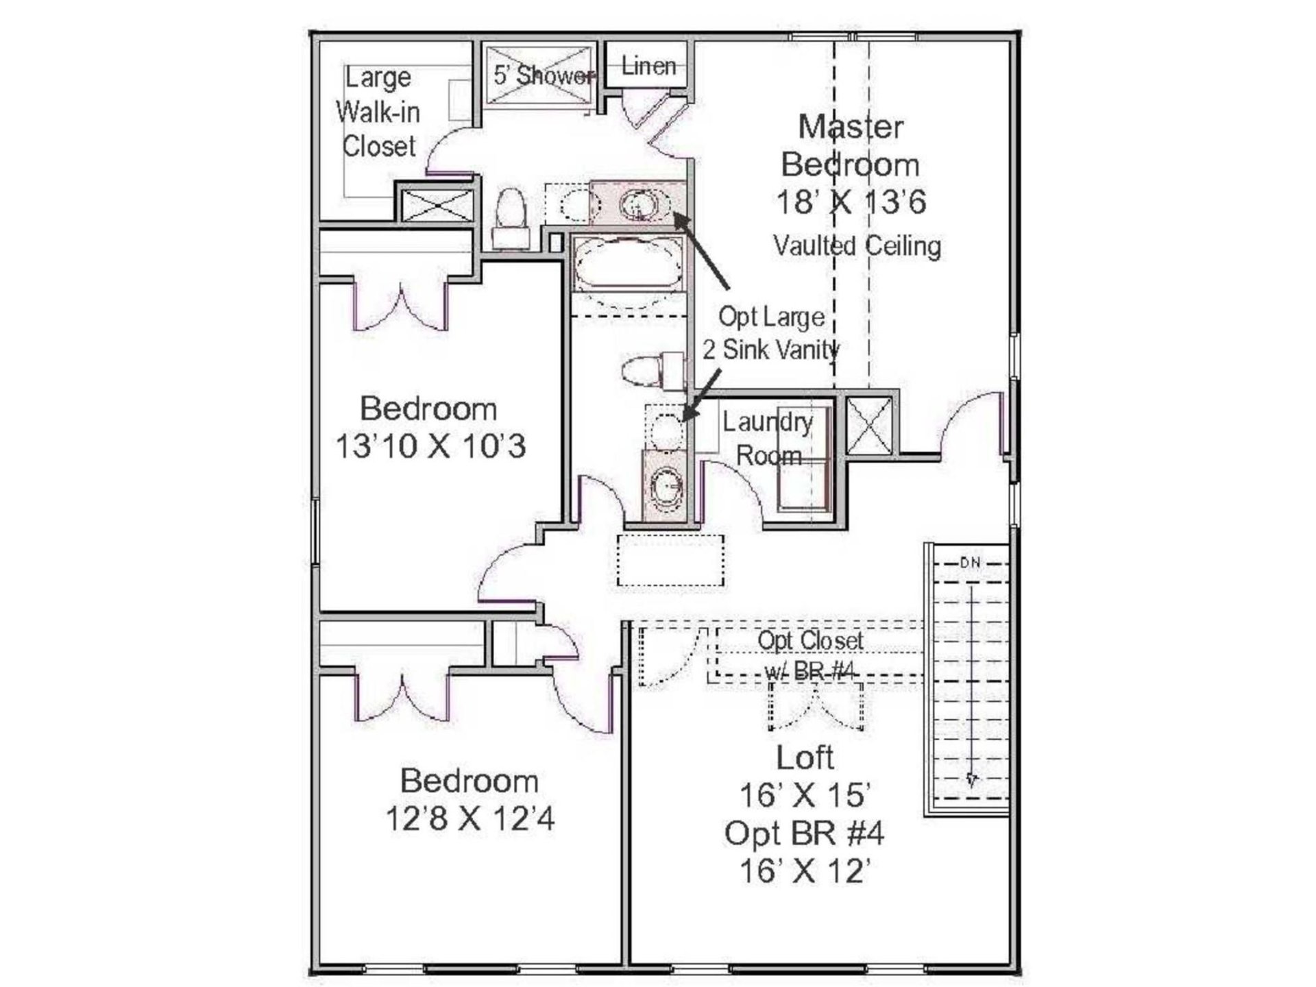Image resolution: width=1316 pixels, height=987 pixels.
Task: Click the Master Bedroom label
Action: pyautogui.click(x=850, y=145)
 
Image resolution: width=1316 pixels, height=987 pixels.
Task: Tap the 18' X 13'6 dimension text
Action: pyautogui.click(x=851, y=202)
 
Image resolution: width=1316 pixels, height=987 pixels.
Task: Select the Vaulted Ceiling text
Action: pyautogui.click(x=857, y=245)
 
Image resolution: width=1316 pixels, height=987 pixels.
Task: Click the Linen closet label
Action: pyautogui.click(x=648, y=66)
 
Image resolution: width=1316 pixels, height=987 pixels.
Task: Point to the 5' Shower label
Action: pyautogui.click(x=544, y=75)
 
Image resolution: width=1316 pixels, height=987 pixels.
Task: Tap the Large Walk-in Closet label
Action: pyautogui.click(x=378, y=112)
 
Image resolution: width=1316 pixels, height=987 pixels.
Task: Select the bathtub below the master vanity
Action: pyautogui.click(x=628, y=263)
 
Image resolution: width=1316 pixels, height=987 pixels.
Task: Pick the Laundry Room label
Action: pyautogui.click(x=768, y=439)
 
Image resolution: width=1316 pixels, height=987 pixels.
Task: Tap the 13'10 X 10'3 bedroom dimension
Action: pyautogui.click(x=430, y=446)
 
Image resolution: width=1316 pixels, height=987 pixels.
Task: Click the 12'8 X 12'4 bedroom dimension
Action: pyautogui.click(x=470, y=818)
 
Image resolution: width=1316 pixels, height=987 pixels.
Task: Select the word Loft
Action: pyautogui.click(x=805, y=757)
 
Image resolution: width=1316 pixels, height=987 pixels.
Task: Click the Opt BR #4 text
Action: pyautogui.click(x=804, y=833)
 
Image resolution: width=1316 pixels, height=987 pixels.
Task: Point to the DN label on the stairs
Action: pyautogui.click(x=970, y=563)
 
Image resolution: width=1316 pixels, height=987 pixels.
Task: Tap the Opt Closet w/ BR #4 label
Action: pyautogui.click(x=810, y=656)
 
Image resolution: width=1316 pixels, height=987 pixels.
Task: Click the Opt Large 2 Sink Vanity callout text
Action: pyautogui.click(x=771, y=333)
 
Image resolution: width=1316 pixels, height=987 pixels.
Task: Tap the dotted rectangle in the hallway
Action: pyautogui.click(x=670, y=561)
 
